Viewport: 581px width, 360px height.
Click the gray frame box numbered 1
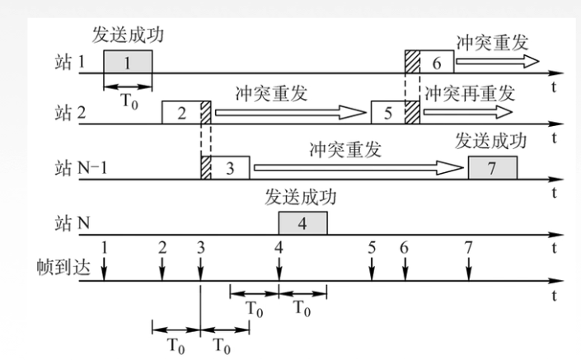pos(128,62)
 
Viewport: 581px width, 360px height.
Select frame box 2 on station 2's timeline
pos(180,113)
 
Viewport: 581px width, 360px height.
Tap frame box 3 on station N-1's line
pos(231,167)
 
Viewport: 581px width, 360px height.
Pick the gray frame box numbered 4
pos(302,222)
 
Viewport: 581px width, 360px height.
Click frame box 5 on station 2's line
pos(387,113)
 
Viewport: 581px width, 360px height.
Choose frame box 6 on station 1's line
pos(436,62)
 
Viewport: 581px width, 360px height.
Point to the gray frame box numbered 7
pos(492,167)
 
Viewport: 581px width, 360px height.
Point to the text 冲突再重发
pos(469,91)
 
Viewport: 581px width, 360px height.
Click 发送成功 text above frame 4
pos(301,198)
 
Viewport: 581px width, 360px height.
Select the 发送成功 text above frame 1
pos(128,36)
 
